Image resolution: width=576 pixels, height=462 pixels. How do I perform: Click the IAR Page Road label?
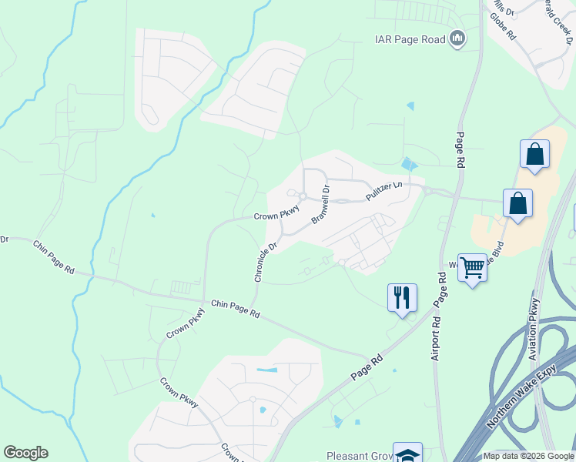pyautogui.click(x=410, y=38)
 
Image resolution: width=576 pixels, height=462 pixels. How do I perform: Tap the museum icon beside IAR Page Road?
pyautogui.click(x=458, y=38)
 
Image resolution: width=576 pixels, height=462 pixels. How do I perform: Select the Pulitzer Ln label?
pyautogui.click(x=384, y=192)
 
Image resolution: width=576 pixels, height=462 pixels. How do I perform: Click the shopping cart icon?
pyautogui.click(x=472, y=268)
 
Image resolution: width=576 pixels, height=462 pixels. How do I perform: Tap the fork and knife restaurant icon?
pyautogui.click(x=402, y=297)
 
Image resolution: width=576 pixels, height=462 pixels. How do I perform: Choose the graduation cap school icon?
pyautogui.click(x=407, y=454)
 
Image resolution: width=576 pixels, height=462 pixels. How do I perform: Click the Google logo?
pyautogui.click(x=25, y=453)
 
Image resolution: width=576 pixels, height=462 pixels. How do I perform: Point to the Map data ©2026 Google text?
pyautogui.click(x=527, y=457)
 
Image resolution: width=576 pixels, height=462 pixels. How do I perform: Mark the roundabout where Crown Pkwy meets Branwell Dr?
pyautogui.click(x=303, y=197)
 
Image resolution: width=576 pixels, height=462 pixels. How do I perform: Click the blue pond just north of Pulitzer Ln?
pyautogui.click(x=408, y=163)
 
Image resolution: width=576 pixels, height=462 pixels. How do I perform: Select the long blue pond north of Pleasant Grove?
pyautogui.click(x=266, y=371)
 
